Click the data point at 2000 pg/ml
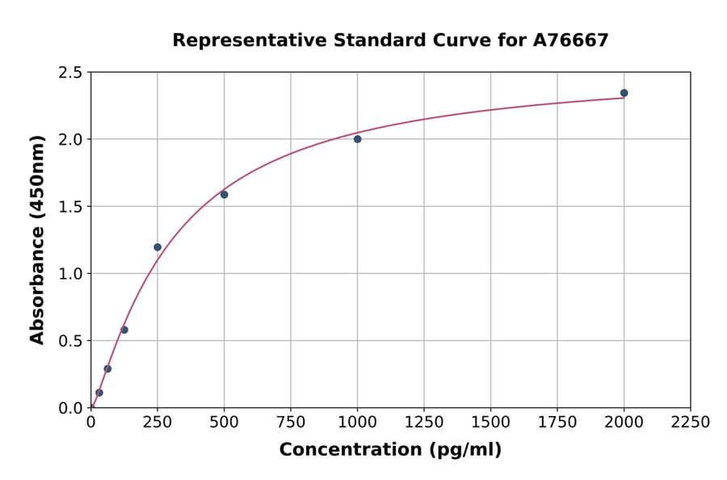[x=624, y=93]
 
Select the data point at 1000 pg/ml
[x=357, y=139]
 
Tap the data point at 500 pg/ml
[x=224, y=195]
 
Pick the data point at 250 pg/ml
[x=158, y=247]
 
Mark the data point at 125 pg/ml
[x=124, y=330]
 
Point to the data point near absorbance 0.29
[x=107, y=368]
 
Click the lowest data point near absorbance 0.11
[x=99, y=393]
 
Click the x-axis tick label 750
[x=291, y=423]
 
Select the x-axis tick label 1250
[x=424, y=423]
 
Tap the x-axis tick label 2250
[x=691, y=423]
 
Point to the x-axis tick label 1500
[x=490, y=423]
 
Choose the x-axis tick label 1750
[x=557, y=423]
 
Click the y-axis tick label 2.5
[x=70, y=73]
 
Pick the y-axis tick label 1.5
[x=70, y=207]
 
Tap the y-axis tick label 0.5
[x=70, y=341]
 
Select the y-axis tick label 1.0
[x=70, y=274]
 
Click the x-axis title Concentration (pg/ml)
[x=390, y=450]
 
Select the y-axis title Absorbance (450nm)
[x=37, y=240]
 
